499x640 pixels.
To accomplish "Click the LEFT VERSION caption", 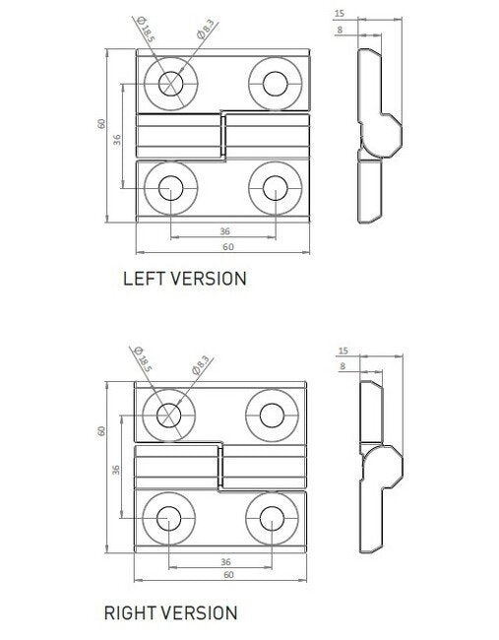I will [x=183, y=279].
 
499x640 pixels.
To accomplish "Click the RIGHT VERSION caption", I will [x=170, y=612].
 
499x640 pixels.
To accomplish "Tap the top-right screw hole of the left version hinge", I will [x=275, y=81].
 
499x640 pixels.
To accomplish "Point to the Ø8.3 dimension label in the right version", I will [x=203, y=367].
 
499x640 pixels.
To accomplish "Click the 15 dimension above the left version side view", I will [x=340, y=13].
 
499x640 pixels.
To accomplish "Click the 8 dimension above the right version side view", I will [x=342, y=365].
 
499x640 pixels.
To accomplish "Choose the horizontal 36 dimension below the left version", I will [x=223, y=231].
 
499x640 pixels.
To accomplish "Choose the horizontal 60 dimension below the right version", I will [x=227, y=574].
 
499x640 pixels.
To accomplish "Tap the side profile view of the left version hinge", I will [x=373, y=133].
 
